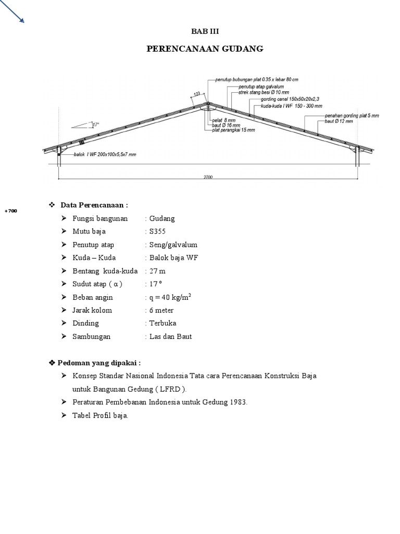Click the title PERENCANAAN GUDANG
click(205, 49)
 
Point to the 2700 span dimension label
click(208, 177)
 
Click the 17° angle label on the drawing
click(95, 125)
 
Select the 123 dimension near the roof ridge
click(197, 94)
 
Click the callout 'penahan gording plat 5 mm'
click(352, 115)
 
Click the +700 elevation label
click(10, 211)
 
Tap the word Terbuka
click(162, 323)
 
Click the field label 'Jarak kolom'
click(92, 310)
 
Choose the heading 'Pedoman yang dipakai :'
click(98, 363)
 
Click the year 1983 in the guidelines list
click(238, 403)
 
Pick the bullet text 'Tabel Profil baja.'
click(101, 416)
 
